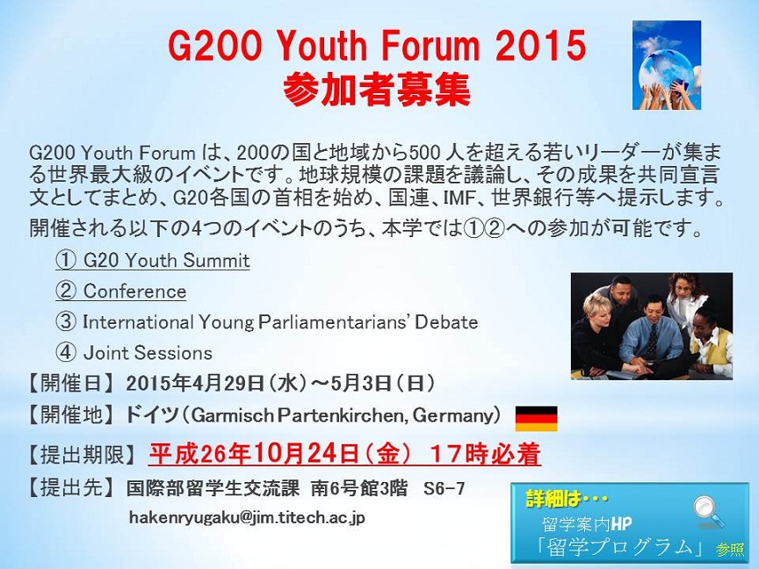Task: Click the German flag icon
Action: [537, 418]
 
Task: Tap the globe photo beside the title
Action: [667, 65]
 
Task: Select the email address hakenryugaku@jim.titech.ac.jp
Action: [247, 518]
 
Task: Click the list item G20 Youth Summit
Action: [153, 260]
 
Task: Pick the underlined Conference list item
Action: [120, 292]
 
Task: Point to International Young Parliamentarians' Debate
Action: [267, 322]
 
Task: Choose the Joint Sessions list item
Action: [134, 353]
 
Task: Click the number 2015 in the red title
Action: [540, 46]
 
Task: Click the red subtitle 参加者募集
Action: [376, 90]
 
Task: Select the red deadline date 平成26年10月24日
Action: [254, 454]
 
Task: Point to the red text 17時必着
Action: [485, 454]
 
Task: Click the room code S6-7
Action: [444, 488]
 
